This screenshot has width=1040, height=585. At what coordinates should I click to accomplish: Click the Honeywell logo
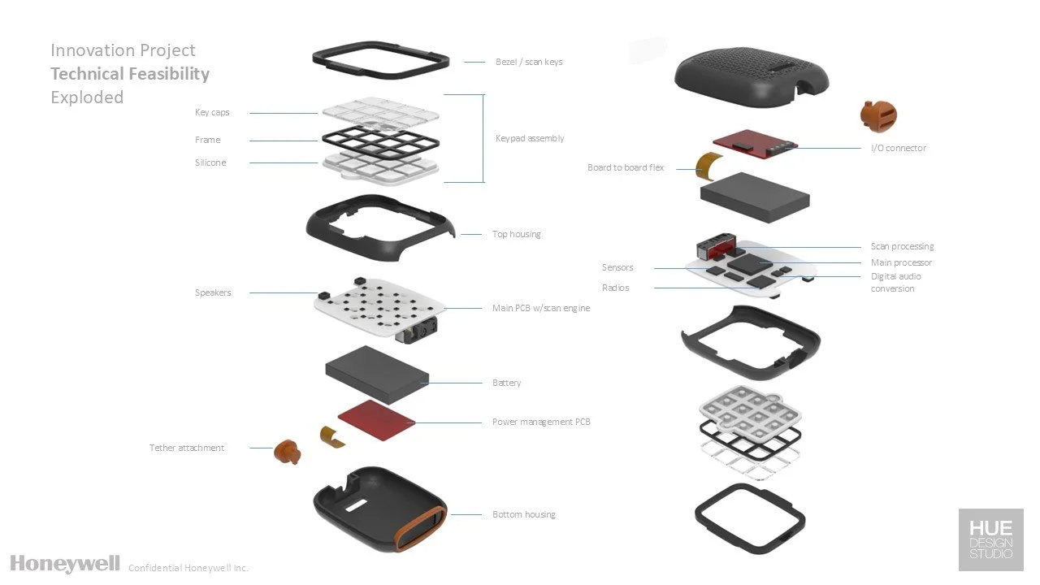click(65, 563)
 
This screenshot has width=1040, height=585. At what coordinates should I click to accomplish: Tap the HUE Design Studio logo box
click(990, 540)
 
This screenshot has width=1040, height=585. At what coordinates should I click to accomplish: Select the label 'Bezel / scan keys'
click(529, 62)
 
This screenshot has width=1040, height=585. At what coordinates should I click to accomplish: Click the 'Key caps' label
click(212, 113)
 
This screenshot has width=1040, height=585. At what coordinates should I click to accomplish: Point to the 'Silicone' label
click(210, 162)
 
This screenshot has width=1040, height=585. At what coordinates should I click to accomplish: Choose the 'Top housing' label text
click(516, 234)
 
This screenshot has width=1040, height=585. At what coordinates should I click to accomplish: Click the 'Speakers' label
click(213, 292)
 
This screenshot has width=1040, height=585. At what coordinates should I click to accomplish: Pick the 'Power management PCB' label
click(541, 422)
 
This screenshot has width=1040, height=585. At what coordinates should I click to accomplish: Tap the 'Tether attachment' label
click(187, 448)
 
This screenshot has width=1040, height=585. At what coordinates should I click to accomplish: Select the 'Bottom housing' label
click(524, 514)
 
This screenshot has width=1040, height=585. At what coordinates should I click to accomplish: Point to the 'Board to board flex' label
click(626, 167)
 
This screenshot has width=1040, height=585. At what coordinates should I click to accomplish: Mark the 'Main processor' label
click(901, 262)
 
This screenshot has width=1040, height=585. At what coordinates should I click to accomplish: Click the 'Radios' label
click(616, 288)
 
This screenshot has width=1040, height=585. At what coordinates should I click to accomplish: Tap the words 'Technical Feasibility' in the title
click(130, 74)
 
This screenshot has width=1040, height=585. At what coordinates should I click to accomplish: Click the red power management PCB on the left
click(376, 415)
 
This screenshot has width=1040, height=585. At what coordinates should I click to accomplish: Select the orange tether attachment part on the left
click(285, 451)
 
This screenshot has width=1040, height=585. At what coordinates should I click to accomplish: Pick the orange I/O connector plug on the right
click(878, 116)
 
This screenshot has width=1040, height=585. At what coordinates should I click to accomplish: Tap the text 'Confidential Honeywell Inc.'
click(188, 568)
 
